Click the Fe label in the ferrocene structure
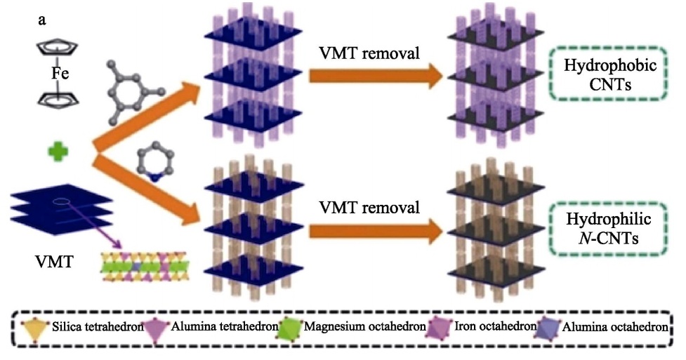tap(60, 73)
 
